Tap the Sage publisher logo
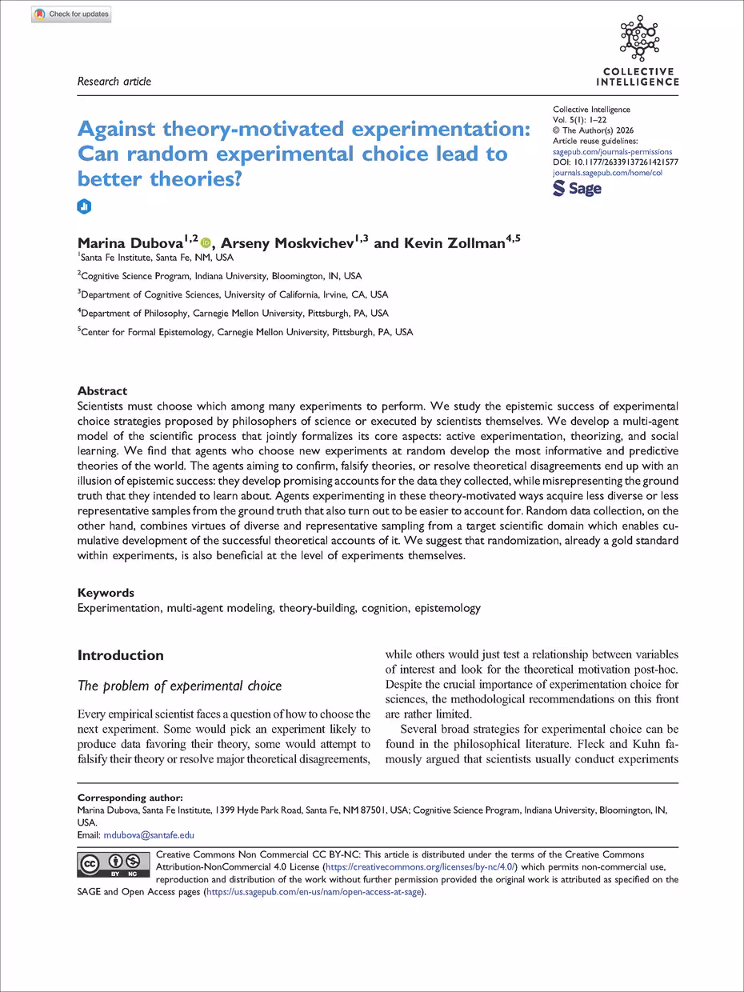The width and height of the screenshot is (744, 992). (x=577, y=189)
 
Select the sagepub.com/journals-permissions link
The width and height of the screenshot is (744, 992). (x=612, y=151)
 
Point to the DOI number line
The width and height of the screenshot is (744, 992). (x=615, y=162)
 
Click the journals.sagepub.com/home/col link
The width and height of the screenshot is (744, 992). (x=607, y=172)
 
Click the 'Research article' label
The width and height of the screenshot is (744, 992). (x=114, y=81)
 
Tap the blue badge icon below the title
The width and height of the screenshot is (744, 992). (x=84, y=207)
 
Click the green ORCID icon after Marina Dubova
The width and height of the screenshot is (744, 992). (x=206, y=242)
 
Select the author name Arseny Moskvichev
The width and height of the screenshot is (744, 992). (x=289, y=242)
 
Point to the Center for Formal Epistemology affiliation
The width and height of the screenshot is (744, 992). (x=246, y=331)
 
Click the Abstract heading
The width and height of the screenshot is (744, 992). (x=102, y=391)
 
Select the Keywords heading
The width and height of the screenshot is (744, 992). (x=106, y=593)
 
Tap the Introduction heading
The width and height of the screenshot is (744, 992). (x=120, y=655)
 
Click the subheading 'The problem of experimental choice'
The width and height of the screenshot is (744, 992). (x=179, y=686)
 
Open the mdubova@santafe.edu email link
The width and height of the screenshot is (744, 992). (x=149, y=834)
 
